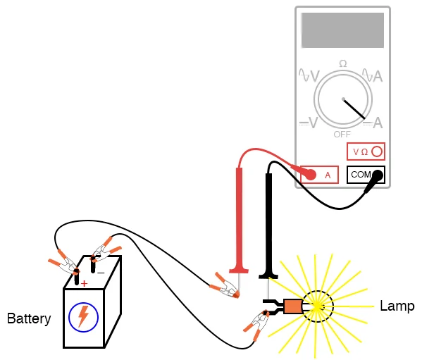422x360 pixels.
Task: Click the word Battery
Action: click(29, 318)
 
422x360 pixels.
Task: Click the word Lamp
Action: click(397, 306)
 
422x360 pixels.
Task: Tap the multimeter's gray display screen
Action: click(342, 30)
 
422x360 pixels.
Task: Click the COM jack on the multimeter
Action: click(360, 174)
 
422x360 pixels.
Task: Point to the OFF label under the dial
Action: click(342, 134)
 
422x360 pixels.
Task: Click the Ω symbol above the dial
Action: click(343, 64)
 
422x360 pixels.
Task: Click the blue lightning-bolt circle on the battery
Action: click(83, 316)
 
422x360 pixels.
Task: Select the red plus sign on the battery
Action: click(84, 283)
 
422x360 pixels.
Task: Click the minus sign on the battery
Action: click(101, 272)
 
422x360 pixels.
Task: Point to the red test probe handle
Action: click(238, 218)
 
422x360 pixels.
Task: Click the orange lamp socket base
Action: click(292, 306)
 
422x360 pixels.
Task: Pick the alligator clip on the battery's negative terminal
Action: click(104, 249)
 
